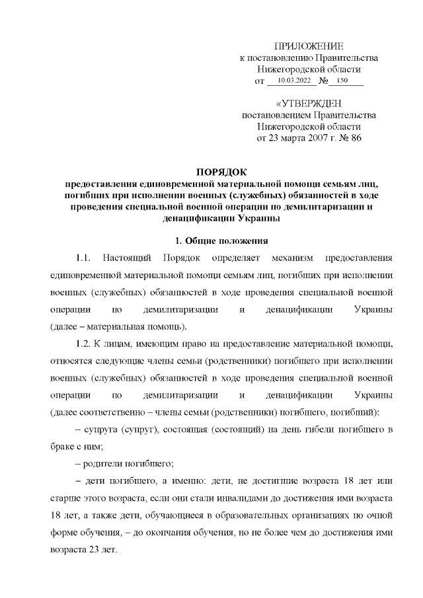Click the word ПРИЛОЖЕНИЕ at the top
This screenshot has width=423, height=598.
pos(309,46)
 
